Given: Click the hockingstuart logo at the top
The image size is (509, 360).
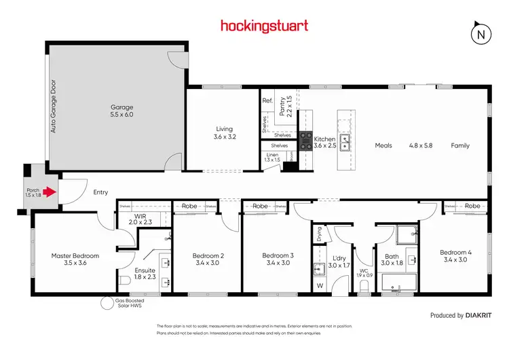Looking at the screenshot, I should click(264, 26).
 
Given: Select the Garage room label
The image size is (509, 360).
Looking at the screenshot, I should click(122, 111).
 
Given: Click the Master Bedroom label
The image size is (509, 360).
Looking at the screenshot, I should click(75, 259).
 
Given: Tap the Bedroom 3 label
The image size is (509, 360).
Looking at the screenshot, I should click(278, 259).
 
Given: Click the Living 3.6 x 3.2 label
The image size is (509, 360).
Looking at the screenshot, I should click(224, 132).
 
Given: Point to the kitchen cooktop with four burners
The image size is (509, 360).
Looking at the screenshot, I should click(306, 139).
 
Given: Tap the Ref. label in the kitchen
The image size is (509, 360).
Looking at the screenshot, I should click(267, 101).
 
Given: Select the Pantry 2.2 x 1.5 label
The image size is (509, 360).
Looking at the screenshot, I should click(286, 107).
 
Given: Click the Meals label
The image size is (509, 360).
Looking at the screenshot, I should click(385, 145).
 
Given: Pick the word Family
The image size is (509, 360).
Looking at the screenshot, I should click(460, 145).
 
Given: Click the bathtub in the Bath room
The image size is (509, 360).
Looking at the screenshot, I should click(397, 283).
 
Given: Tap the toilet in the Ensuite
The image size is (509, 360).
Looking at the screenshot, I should click(124, 280).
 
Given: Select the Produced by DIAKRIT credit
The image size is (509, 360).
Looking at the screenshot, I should click(455, 315).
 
